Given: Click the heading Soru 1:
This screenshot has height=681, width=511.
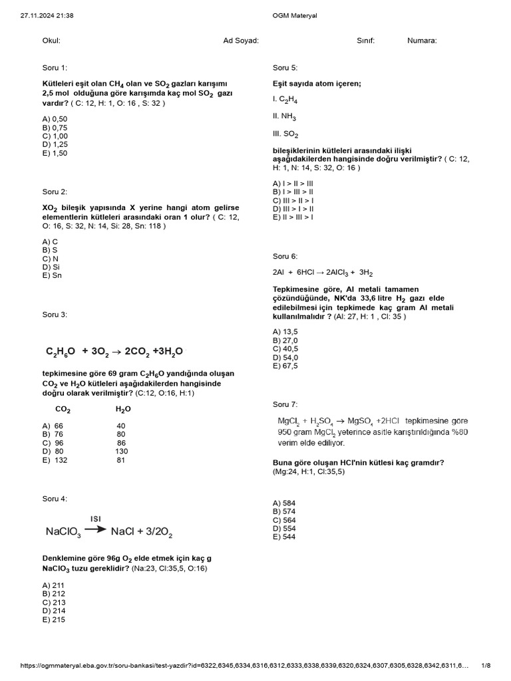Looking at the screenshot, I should pos(55,68).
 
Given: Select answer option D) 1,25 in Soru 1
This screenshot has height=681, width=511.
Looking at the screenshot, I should pos(55,144).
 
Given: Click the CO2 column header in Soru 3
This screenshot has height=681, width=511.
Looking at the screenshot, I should pos(63,410).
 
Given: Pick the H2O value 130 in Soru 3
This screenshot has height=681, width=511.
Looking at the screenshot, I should pos(120,452).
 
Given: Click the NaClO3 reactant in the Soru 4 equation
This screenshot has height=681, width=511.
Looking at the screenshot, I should pos(63,532).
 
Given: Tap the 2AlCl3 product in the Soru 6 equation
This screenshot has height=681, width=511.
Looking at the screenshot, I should pos(335,273).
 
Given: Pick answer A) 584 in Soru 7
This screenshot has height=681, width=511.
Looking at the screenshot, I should pos(284,503).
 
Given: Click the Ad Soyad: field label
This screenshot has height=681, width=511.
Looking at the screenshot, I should pos(241,41).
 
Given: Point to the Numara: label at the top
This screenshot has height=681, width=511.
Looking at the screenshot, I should pos(422,41).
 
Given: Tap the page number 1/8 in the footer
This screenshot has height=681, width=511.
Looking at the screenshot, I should pos(486,666).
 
